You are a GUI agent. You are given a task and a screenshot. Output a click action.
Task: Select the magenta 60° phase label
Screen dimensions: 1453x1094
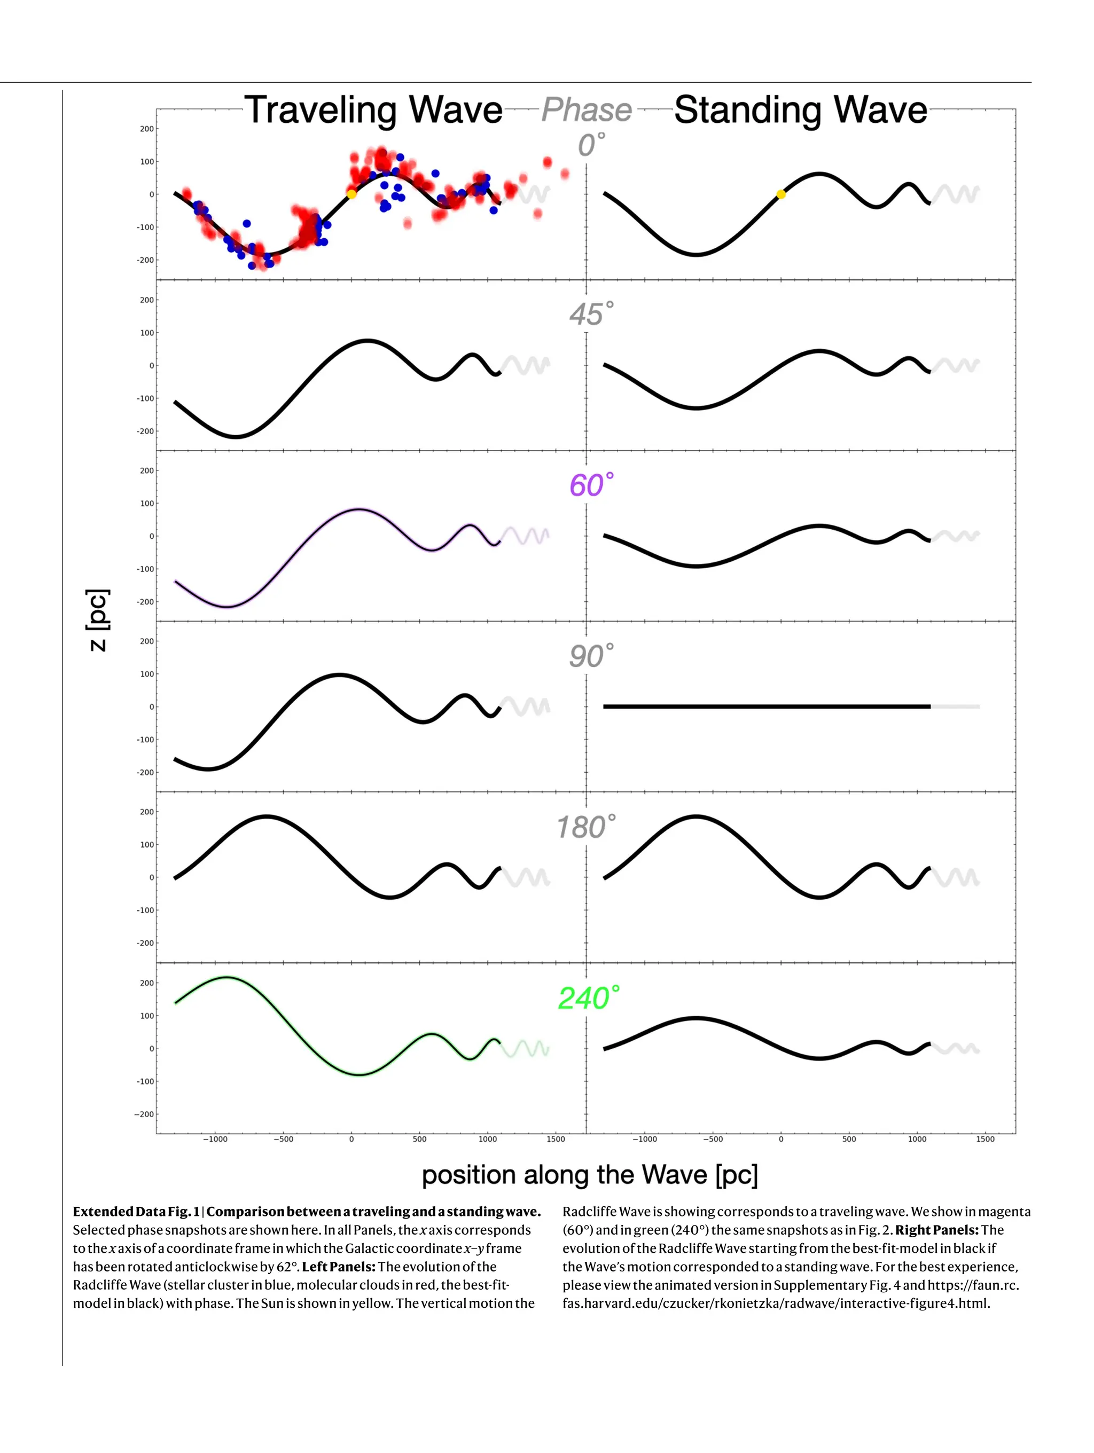tap(591, 485)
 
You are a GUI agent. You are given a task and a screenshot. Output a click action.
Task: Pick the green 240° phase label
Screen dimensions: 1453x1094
tap(588, 998)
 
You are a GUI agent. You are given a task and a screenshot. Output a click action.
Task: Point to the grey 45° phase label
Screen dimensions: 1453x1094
tap(591, 314)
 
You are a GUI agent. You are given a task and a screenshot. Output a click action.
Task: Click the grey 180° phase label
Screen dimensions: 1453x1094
tap(585, 827)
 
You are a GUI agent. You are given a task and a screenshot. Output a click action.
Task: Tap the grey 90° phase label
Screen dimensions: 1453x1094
tap(591, 656)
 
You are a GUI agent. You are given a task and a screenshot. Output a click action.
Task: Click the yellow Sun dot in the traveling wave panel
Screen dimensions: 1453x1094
tap(351, 194)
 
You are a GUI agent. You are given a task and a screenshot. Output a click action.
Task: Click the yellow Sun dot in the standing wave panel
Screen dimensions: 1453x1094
tap(780, 194)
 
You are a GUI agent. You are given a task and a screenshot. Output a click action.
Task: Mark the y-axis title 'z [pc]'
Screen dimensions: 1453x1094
tap(97, 620)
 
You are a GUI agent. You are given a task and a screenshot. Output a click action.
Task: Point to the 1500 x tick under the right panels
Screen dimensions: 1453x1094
tap(984, 1139)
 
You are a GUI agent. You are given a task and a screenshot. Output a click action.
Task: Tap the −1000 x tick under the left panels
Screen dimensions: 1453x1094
tap(215, 1139)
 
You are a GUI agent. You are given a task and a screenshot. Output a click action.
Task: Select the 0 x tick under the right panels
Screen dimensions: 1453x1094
tap(780, 1139)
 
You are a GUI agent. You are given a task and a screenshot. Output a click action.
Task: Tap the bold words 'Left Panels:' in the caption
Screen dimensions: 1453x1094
tap(338, 1267)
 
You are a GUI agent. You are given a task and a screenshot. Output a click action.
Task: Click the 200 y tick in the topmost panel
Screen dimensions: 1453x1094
tap(146, 129)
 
